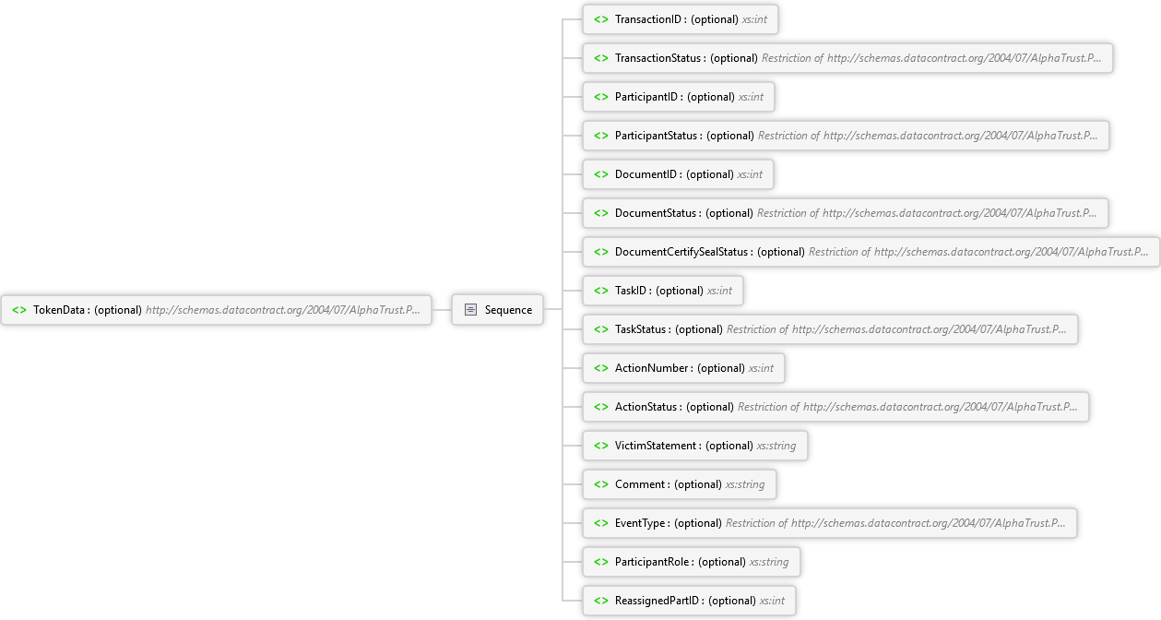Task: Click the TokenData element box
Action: click(x=217, y=310)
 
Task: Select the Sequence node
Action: click(x=497, y=310)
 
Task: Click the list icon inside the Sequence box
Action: click(x=470, y=310)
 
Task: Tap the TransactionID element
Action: click(x=681, y=19)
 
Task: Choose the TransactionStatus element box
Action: click(x=847, y=58)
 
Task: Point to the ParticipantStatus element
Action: click(x=845, y=136)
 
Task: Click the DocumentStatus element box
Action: click(x=845, y=213)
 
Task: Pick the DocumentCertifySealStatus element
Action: click(x=870, y=252)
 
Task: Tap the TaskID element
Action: click(x=663, y=291)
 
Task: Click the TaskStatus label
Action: click(x=643, y=329)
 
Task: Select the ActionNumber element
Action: click(x=684, y=368)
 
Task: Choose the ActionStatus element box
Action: click(x=835, y=407)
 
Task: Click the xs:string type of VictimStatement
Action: click(x=776, y=446)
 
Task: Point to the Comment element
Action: click(x=680, y=484)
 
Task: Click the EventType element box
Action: click(x=829, y=523)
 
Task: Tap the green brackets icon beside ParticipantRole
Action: click(x=600, y=562)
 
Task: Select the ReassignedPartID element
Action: click(x=689, y=601)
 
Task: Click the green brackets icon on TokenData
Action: click(x=19, y=310)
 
